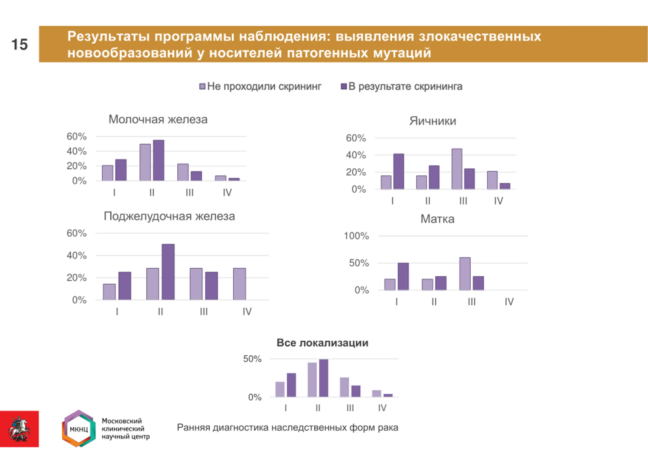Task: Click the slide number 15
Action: [x=19, y=45]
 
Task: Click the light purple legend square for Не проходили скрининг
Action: [x=202, y=86]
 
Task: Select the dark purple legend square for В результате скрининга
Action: [x=343, y=86]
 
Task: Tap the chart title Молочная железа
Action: [x=158, y=120]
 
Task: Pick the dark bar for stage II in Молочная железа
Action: [x=159, y=160]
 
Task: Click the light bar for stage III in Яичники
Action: [x=457, y=169]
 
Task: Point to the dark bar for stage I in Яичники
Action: [x=398, y=171]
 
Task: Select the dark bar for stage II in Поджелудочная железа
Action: [x=168, y=272]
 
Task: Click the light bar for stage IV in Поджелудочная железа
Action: [x=239, y=284]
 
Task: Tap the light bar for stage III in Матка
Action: [x=465, y=274]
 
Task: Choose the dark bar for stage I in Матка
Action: [x=403, y=276]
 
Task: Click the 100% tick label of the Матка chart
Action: [x=356, y=236]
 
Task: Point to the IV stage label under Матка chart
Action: [x=509, y=302]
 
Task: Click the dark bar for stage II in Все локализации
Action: [x=323, y=378]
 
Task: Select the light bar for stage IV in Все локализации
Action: [x=376, y=394]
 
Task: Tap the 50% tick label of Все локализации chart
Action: [x=252, y=359]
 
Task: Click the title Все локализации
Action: [x=322, y=343]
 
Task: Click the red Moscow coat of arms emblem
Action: [x=19, y=429]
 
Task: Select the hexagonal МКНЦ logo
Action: [x=79, y=429]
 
